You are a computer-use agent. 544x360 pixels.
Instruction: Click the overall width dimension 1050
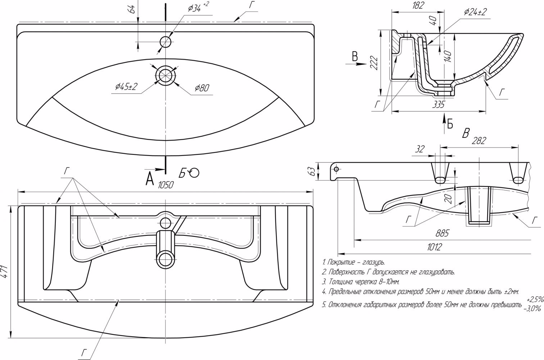point(166,185)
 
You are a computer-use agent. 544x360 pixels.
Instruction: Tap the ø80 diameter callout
point(202,88)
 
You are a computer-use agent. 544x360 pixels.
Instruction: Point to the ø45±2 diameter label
point(126,87)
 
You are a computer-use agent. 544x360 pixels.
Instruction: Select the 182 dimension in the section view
point(418,5)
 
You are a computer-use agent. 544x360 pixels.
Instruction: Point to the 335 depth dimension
point(438,105)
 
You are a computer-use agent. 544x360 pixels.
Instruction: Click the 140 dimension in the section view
point(448,56)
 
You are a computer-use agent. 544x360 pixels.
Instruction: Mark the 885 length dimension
point(442,234)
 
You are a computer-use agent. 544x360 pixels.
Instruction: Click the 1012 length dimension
point(434,247)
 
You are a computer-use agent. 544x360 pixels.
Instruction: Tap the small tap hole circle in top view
point(166,41)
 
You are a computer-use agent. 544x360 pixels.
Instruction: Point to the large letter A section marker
point(150,179)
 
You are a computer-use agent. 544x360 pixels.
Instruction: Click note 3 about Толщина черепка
point(361,282)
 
